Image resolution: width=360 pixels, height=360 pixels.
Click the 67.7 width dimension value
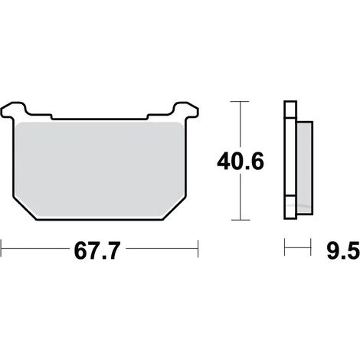click(97, 251)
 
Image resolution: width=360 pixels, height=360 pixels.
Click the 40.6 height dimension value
click(241, 162)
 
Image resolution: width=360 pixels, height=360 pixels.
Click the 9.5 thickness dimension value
click(343, 251)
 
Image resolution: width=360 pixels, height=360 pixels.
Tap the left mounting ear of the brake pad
click(13, 110)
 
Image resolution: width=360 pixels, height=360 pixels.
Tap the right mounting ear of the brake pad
click(186, 110)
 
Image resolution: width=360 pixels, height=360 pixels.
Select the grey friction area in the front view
click(100, 170)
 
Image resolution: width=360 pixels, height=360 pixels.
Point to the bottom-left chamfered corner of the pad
click(25, 208)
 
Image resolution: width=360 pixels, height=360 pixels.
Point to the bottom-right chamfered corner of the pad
click(175, 208)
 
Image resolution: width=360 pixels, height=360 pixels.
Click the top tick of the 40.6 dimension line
click(240, 102)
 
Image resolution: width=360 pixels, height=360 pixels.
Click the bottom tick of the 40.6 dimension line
click(241, 220)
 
